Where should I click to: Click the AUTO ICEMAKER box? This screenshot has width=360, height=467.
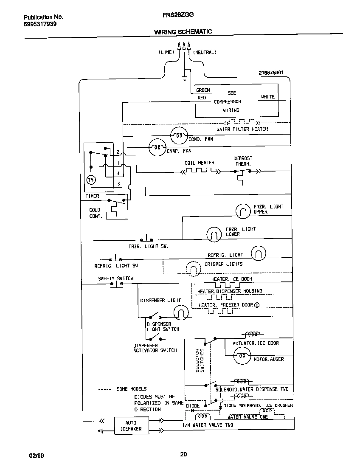131,425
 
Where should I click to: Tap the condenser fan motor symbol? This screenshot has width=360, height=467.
178,136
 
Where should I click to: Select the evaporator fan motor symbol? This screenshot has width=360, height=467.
157,147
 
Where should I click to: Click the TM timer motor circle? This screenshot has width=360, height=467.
91,180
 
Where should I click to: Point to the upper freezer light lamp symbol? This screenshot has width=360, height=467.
243,210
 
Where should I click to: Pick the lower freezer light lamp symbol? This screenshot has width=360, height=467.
214,233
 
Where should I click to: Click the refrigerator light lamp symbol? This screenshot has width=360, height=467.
258,254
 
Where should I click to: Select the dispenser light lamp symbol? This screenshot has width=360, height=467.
180,313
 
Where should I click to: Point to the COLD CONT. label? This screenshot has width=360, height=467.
95,213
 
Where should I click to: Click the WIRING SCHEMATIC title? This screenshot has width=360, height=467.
183,32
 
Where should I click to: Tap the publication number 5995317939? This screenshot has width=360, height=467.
40,24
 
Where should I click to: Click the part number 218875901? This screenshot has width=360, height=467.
271,73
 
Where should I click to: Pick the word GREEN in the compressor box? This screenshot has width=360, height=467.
203,90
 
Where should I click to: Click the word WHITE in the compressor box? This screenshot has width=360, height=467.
267,97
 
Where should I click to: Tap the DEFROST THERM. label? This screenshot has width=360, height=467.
243,161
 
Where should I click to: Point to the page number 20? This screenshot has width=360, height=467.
183,454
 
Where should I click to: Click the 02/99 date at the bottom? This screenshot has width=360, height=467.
36,455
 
